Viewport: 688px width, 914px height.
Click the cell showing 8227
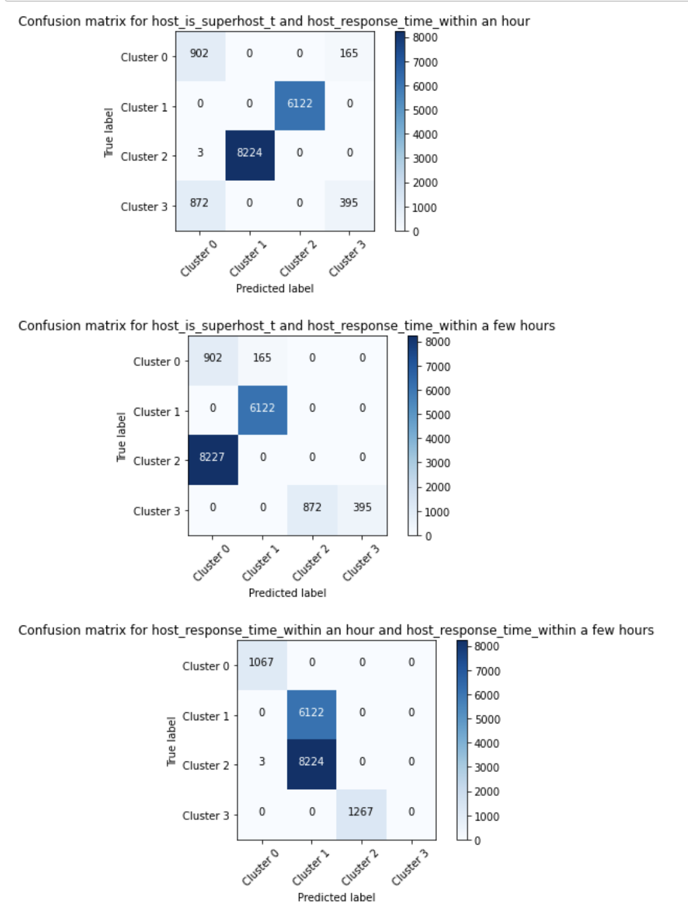(212, 457)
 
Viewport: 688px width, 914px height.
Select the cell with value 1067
(261, 662)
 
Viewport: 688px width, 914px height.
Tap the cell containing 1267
(361, 812)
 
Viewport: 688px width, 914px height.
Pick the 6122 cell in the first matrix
(300, 104)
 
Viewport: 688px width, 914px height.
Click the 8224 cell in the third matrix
(311, 761)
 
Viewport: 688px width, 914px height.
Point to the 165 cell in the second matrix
(262, 358)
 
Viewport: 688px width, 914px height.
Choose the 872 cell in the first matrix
(199, 203)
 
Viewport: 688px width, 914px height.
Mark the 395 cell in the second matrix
(362, 507)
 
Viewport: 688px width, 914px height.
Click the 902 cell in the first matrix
(199, 54)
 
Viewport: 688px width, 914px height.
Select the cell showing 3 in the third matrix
(262, 761)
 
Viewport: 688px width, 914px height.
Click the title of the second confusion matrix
(286, 325)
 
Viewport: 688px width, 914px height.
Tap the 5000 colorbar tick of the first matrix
(425, 111)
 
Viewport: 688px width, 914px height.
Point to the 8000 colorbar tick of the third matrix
(487, 646)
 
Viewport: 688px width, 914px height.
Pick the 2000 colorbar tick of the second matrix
(438, 487)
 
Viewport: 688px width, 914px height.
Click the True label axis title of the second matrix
(121, 437)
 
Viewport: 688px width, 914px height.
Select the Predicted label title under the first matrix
(274, 288)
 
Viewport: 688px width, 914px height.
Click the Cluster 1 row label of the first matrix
(144, 108)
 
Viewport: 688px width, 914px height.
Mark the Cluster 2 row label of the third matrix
(206, 766)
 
